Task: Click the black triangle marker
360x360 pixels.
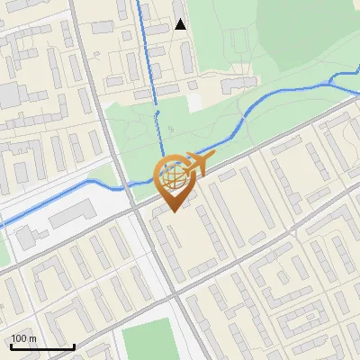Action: point(180,24)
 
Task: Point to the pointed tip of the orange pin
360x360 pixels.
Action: point(173,211)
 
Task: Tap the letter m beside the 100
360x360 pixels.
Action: point(33,339)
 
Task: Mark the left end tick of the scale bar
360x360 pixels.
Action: point(10,345)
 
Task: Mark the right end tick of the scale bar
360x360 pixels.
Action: point(74,345)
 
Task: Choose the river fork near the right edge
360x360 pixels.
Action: point(334,79)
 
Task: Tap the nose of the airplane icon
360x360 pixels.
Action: point(211,158)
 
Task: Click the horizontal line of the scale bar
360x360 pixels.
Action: point(42,346)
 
